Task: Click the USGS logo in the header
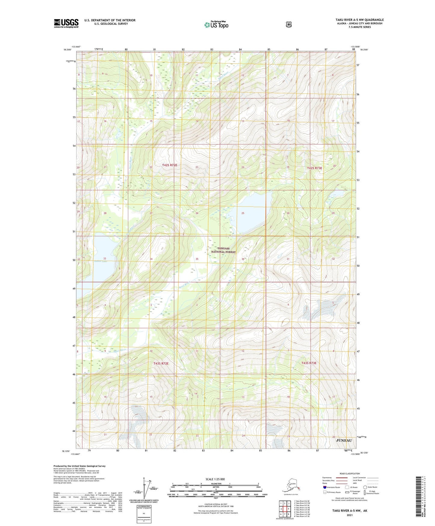pyautogui.click(x=66, y=23)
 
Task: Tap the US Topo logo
pyautogui.click(x=216, y=25)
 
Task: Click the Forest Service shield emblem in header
pyautogui.click(x=289, y=24)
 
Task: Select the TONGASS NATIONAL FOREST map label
pyautogui.click(x=223, y=250)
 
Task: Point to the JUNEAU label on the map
pyautogui.click(x=343, y=440)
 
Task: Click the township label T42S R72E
pyautogui.click(x=169, y=165)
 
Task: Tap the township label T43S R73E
pyautogui.click(x=309, y=363)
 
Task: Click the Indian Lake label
pyautogui.click(x=101, y=261)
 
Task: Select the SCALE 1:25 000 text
pyautogui.click(x=215, y=479)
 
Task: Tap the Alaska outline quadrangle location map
pyautogui.click(x=291, y=487)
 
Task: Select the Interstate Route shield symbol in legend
pyautogui.click(x=325, y=487)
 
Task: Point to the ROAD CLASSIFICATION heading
pyautogui.click(x=350, y=474)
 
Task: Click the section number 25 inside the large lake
pyautogui.click(x=243, y=213)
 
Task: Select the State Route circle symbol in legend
pyautogui.click(x=365, y=487)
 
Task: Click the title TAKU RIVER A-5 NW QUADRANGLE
pyautogui.click(x=359, y=20)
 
